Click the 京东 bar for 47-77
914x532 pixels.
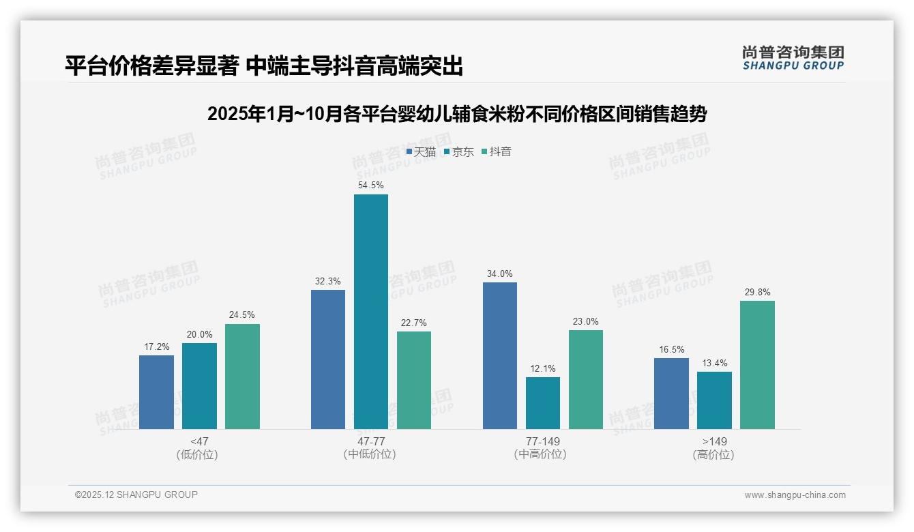(x=370, y=312)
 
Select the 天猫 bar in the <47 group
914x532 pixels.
(x=156, y=392)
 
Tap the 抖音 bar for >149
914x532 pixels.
(x=757, y=365)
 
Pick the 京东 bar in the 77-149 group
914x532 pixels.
(x=542, y=403)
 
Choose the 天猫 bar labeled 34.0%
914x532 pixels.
(x=499, y=355)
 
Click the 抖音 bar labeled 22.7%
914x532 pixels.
(x=413, y=380)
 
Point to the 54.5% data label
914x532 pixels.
(x=370, y=185)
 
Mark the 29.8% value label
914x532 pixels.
(x=757, y=292)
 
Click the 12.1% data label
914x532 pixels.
(x=542, y=368)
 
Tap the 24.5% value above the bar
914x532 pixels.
(x=242, y=314)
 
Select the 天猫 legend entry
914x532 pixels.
(x=421, y=152)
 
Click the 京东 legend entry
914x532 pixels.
(x=458, y=152)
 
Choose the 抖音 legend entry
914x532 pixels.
(x=497, y=152)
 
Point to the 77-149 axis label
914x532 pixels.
(x=542, y=441)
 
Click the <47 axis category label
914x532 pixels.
(x=199, y=441)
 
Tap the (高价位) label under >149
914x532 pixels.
(x=713, y=454)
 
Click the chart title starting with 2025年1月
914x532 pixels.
(x=456, y=114)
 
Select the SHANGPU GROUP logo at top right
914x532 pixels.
(x=793, y=58)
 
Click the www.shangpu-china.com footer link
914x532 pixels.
(x=795, y=495)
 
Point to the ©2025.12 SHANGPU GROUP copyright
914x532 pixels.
(x=136, y=494)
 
